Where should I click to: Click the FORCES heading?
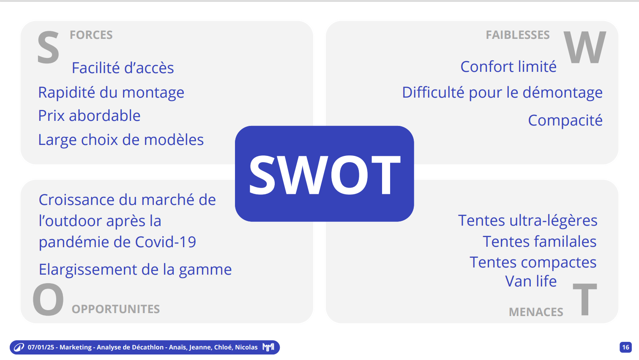coord(91,35)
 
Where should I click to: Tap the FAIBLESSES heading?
coord(518,35)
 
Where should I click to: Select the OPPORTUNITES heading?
coord(115,309)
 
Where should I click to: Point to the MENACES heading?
coord(536,312)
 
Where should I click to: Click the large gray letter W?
coord(585,47)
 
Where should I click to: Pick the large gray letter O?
coord(48,299)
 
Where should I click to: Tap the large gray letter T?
coord(585,299)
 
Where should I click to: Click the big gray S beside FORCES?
coord(48,47)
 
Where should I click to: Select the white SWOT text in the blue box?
coord(325,175)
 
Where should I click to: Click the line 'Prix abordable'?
coord(89,116)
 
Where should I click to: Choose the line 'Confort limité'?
coord(508,67)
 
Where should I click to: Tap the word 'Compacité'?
coord(565,120)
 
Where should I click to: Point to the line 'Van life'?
coord(531,281)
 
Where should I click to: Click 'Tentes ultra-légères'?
coord(528,221)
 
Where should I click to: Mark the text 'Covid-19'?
coord(166,242)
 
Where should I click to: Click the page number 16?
coord(625,347)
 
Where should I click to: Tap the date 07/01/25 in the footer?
coord(41,347)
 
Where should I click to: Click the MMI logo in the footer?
coord(268,347)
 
